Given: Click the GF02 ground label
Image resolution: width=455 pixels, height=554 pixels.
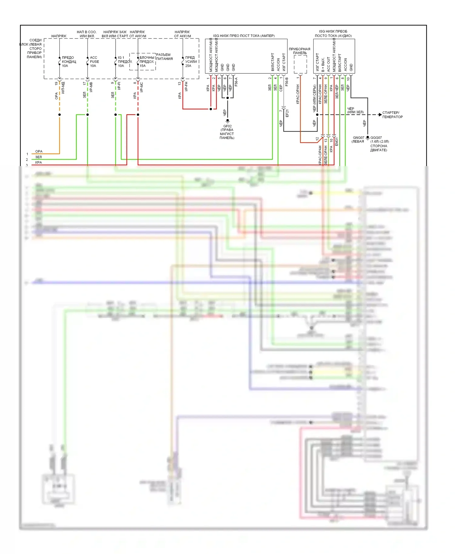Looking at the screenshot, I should click(x=227, y=126).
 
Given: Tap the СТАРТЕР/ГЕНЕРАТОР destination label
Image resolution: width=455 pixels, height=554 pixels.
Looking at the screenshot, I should click(x=392, y=115).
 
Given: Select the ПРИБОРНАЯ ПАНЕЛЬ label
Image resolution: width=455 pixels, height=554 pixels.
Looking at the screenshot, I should click(x=299, y=51).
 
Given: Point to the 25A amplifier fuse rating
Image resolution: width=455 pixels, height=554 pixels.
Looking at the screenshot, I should click(x=188, y=66).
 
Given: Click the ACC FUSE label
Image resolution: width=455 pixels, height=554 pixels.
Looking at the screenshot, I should click(x=94, y=59).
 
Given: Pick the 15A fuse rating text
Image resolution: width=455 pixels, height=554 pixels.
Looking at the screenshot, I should click(x=143, y=66).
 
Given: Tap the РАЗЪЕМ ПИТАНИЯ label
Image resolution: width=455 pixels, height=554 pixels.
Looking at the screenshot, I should click(x=164, y=57).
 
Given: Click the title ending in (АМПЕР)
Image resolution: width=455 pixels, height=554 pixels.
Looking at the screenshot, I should click(x=244, y=36).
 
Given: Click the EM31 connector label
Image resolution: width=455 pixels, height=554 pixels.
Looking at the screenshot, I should click(x=336, y=142).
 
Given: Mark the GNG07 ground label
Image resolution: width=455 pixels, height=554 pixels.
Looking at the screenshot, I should click(x=358, y=138).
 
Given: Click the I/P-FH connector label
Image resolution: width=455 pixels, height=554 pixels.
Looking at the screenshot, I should click(x=186, y=86).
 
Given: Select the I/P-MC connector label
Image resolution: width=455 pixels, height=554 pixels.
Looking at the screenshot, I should click(x=141, y=87).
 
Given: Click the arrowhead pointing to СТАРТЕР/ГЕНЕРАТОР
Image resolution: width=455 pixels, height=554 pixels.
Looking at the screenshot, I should click(x=380, y=115).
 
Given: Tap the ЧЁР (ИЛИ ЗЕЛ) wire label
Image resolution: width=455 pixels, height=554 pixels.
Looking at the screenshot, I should click(x=355, y=110).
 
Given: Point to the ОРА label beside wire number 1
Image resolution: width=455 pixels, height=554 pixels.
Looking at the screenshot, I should click(x=39, y=151).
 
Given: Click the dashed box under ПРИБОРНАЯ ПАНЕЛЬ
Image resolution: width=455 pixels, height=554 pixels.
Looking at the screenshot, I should click(x=300, y=64).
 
